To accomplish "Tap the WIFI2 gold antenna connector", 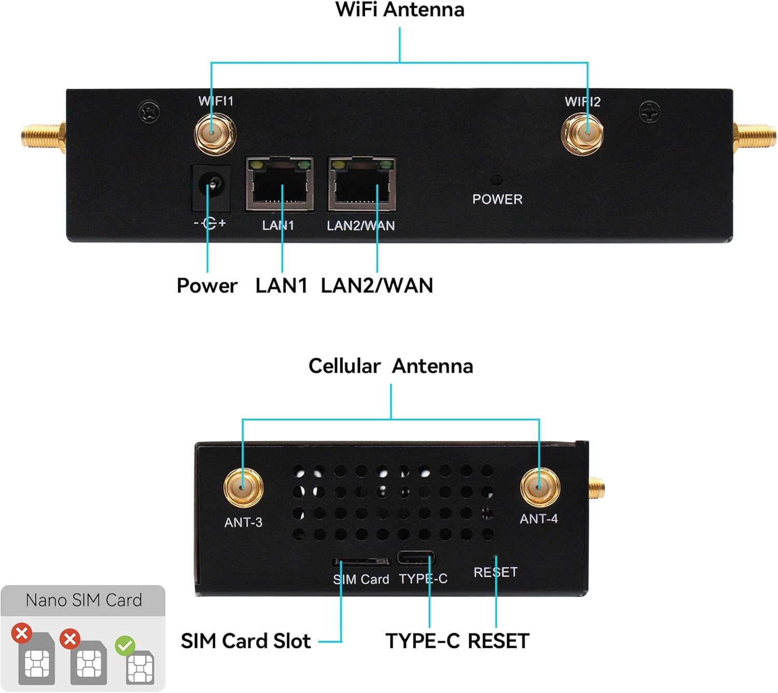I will point(582,133).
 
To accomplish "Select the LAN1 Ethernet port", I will point(280,184).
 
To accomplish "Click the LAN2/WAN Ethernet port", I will point(362,184).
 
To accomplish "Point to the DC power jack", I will point(211,187).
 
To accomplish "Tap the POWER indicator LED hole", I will point(496,180).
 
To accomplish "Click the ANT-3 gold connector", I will point(243,488).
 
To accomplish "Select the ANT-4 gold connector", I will point(539,486).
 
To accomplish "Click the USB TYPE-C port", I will point(415,558).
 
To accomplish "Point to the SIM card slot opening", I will point(362,562).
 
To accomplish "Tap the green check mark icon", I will point(125,646).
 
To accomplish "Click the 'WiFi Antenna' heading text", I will point(399,10).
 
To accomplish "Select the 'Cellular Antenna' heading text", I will point(391,366).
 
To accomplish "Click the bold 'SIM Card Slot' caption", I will point(245,641).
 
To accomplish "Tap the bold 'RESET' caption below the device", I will point(498,641).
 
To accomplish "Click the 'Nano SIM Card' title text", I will point(84,600).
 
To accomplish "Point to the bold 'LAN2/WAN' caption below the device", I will point(377,286).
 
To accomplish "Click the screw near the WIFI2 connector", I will point(649,112).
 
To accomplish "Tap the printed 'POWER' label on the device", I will point(497,199).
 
